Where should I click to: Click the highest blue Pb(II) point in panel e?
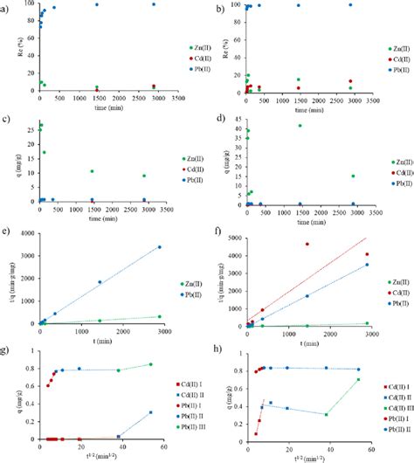158,247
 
